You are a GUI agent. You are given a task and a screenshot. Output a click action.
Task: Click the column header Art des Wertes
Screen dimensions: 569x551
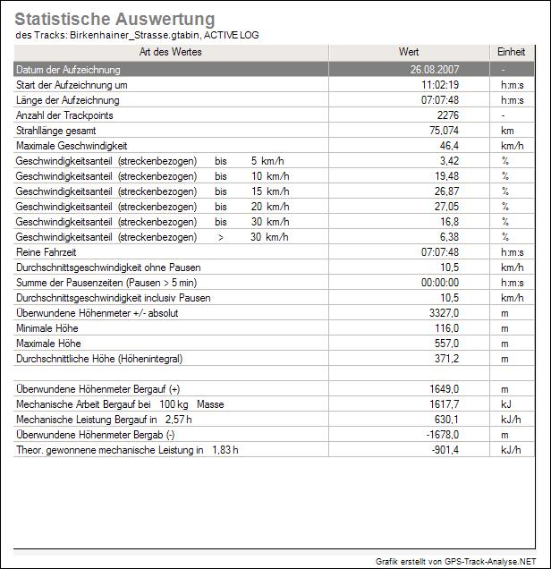click(170, 53)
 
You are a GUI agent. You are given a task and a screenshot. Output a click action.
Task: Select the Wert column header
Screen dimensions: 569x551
click(408, 53)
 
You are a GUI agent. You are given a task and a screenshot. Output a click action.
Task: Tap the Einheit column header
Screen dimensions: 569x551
click(511, 53)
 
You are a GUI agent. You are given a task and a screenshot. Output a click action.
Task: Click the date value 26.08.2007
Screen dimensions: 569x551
click(435, 69)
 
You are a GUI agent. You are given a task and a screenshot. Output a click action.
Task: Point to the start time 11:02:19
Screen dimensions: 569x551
click(440, 84)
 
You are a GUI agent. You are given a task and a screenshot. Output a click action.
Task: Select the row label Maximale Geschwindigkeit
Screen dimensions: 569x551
click(72, 146)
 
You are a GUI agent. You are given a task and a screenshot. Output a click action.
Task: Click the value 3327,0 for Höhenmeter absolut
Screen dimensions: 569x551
click(444, 313)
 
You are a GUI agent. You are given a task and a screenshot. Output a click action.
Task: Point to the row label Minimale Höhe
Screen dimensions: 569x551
click(48, 328)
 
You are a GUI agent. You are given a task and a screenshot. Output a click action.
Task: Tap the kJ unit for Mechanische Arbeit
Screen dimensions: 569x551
click(505, 404)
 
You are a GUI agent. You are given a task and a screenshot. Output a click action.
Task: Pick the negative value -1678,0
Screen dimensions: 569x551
click(442, 435)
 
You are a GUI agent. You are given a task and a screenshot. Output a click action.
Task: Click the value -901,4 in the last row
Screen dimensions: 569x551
click(445, 450)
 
